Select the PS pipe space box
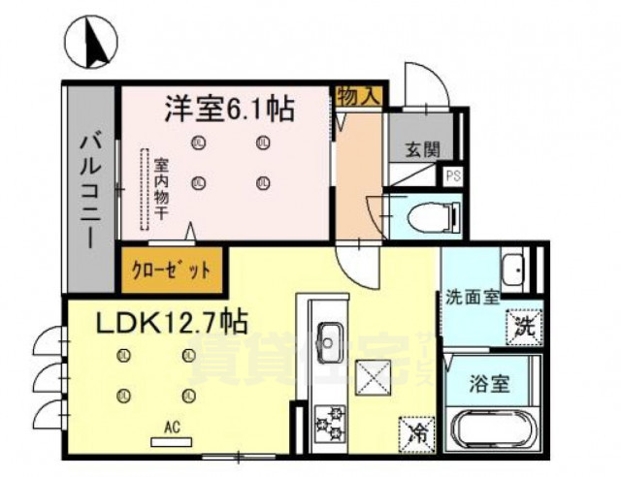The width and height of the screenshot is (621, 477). point(451,177)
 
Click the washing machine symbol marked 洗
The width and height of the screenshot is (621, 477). point(523,327)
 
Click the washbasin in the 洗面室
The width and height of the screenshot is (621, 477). point(513,268)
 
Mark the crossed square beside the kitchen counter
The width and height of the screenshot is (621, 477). point(373,375)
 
